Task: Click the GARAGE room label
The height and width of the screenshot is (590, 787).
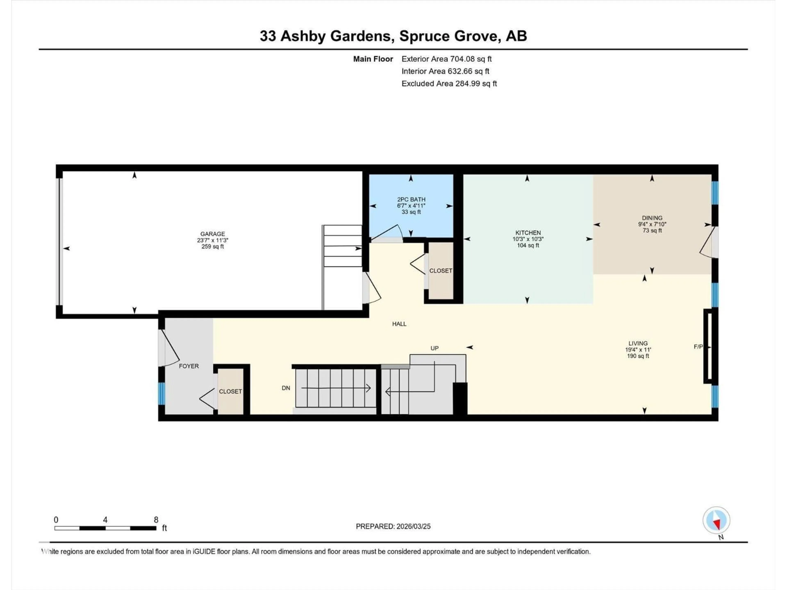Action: coord(212,234)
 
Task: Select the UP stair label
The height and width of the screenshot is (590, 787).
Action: coord(434,348)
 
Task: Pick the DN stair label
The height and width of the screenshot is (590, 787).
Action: coord(286,388)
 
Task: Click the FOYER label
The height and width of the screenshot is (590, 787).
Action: coord(189,366)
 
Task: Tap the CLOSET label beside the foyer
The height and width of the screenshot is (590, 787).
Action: coord(230,391)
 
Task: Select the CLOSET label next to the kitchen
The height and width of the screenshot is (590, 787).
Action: coord(440,271)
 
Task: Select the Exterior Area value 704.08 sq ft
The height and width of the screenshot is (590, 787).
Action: coord(471,59)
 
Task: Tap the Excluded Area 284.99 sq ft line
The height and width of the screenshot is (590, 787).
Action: coord(449,84)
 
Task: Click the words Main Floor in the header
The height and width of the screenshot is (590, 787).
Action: coord(373,59)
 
